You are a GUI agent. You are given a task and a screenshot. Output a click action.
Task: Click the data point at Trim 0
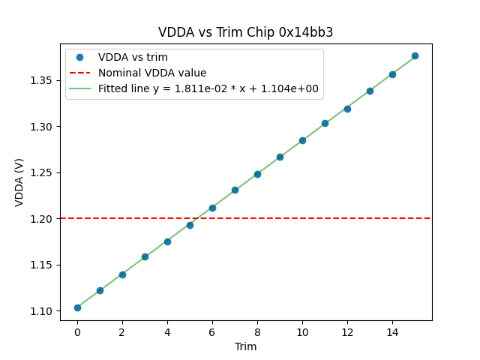(x=77, y=307)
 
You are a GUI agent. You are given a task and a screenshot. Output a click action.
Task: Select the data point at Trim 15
(x=415, y=55)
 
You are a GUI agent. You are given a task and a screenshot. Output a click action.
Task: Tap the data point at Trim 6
(x=212, y=208)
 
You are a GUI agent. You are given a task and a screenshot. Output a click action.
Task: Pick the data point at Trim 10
(x=302, y=140)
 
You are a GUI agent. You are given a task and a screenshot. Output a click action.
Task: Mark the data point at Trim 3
(x=145, y=256)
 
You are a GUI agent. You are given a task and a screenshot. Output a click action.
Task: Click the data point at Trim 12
(x=347, y=109)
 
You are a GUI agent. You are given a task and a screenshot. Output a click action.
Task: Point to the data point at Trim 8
(x=257, y=174)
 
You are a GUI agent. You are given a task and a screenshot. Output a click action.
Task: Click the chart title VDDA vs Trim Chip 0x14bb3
(x=245, y=32)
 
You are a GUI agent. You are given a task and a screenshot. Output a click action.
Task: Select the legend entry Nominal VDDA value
(x=152, y=73)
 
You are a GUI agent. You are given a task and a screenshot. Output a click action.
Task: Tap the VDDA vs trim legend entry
(x=133, y=57)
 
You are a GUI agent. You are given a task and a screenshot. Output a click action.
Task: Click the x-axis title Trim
(x=245, y=346)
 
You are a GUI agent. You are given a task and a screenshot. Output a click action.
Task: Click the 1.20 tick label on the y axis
(x=42, y=218)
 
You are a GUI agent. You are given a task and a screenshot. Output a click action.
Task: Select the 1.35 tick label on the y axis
(x=42, y=80)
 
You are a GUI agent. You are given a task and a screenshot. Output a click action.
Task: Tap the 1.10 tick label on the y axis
(x=42, y=310)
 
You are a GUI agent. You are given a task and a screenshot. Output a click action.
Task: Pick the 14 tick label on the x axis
(x=392, y=331)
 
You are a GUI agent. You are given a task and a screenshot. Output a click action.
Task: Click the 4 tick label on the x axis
(x=167, y=331)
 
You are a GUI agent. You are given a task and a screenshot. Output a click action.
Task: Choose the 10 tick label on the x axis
(x=302, y=331)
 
